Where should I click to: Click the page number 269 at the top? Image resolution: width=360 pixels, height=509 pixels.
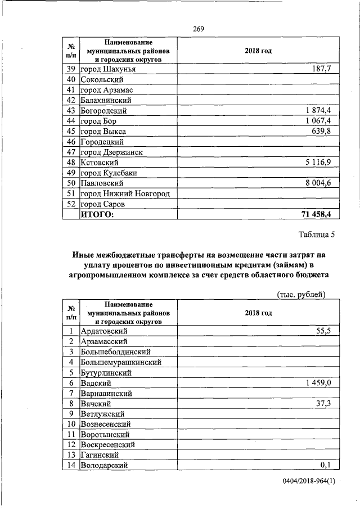(x=198, y=29)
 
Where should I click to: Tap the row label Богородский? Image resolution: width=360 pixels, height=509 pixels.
(x=103, y=111)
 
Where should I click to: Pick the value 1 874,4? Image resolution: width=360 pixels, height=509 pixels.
(x=318, y=111)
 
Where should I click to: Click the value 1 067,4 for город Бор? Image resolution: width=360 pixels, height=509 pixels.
(x=318, y=121)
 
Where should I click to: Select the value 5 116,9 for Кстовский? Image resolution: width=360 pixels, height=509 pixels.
(x=318, y=163)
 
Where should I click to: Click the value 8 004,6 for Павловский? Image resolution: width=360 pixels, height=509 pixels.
(x=318, y=183)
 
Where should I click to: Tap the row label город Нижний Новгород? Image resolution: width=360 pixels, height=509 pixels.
(x=125, y=194)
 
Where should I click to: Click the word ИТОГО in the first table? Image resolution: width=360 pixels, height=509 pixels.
(x=97, y=215)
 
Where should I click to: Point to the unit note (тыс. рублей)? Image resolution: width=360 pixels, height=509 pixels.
(x=302, y=294)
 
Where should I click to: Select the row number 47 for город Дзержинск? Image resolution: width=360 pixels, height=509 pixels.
(x=71, y=152)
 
